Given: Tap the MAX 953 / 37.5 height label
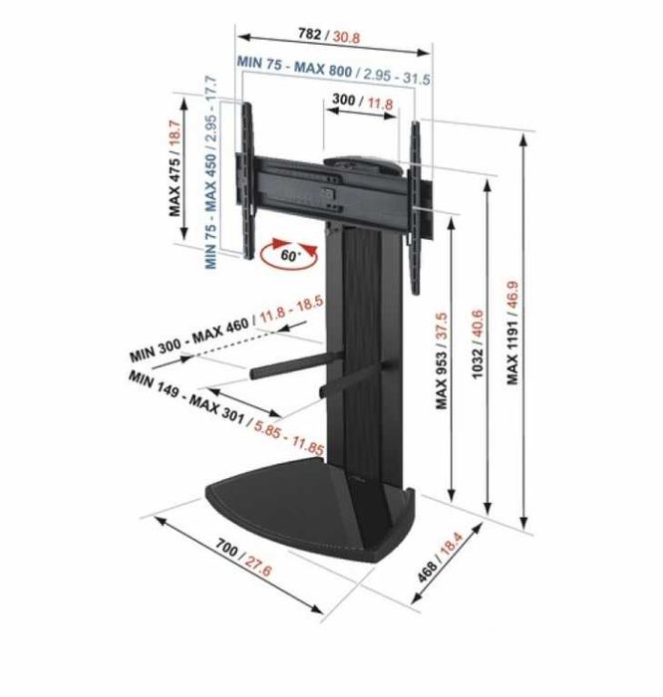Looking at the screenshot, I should [443, 359].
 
